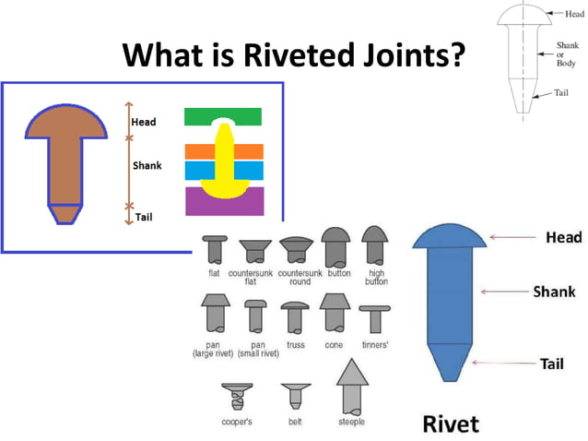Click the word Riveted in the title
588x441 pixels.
287,57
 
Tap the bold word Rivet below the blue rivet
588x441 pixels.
451,423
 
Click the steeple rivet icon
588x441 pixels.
350,385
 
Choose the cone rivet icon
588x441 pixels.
333,315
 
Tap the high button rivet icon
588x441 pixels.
375,247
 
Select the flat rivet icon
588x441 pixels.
214,250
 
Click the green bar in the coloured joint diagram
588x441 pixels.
223,117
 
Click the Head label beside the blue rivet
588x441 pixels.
564,238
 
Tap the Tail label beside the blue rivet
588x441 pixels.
551,364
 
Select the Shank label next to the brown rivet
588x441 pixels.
147,165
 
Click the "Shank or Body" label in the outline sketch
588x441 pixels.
567,53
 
